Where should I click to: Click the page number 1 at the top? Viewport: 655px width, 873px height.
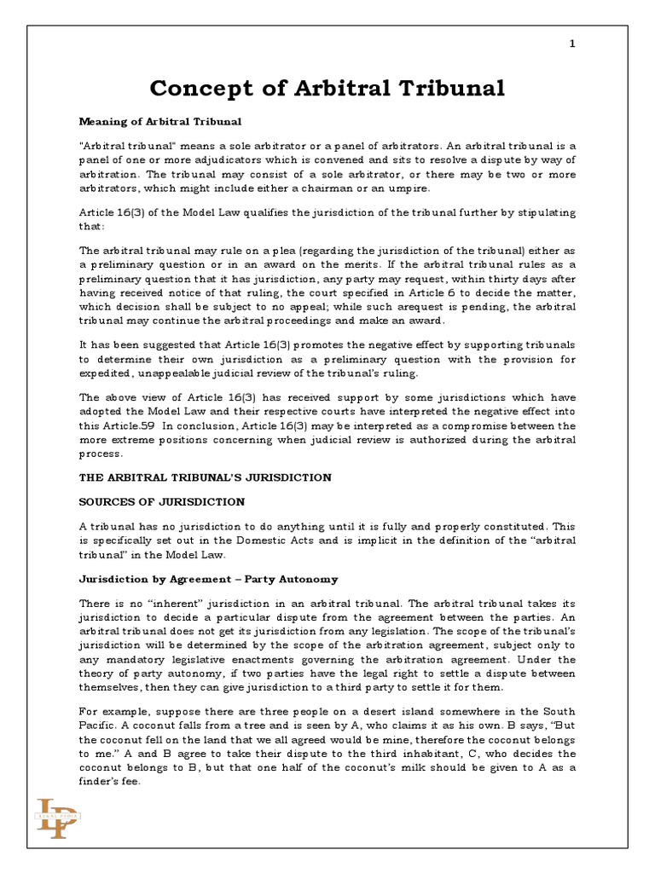(x=572, y=44)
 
